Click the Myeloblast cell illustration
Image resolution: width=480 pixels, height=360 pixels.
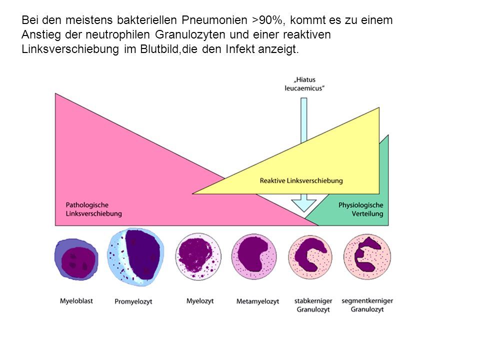coord(76,259)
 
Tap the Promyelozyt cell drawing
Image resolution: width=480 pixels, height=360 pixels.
coord(135,257)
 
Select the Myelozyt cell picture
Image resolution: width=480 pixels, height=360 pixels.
coord(198,256)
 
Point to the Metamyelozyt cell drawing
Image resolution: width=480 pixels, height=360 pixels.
coord(254,256)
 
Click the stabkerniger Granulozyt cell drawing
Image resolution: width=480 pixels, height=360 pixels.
coord(310,257)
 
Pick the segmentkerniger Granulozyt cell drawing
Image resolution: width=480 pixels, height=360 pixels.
coord(367,256)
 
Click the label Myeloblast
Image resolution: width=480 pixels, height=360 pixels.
coord(76,301)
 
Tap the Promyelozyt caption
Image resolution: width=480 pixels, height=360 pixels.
coord(133,301)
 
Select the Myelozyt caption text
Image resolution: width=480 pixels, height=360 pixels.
coord(200,301)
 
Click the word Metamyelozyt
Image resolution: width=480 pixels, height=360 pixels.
coord(258,301)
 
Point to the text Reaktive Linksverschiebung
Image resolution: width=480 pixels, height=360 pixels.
coord(301,180)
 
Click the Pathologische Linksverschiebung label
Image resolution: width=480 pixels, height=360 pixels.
coord(93,209)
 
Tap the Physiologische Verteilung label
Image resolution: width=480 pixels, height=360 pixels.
coord(360,209)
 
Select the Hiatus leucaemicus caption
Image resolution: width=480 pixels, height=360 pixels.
coord(304,84)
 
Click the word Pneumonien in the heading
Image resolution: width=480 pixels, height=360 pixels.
coord(214,20)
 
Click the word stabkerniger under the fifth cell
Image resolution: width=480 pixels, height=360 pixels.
coord(313,301)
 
